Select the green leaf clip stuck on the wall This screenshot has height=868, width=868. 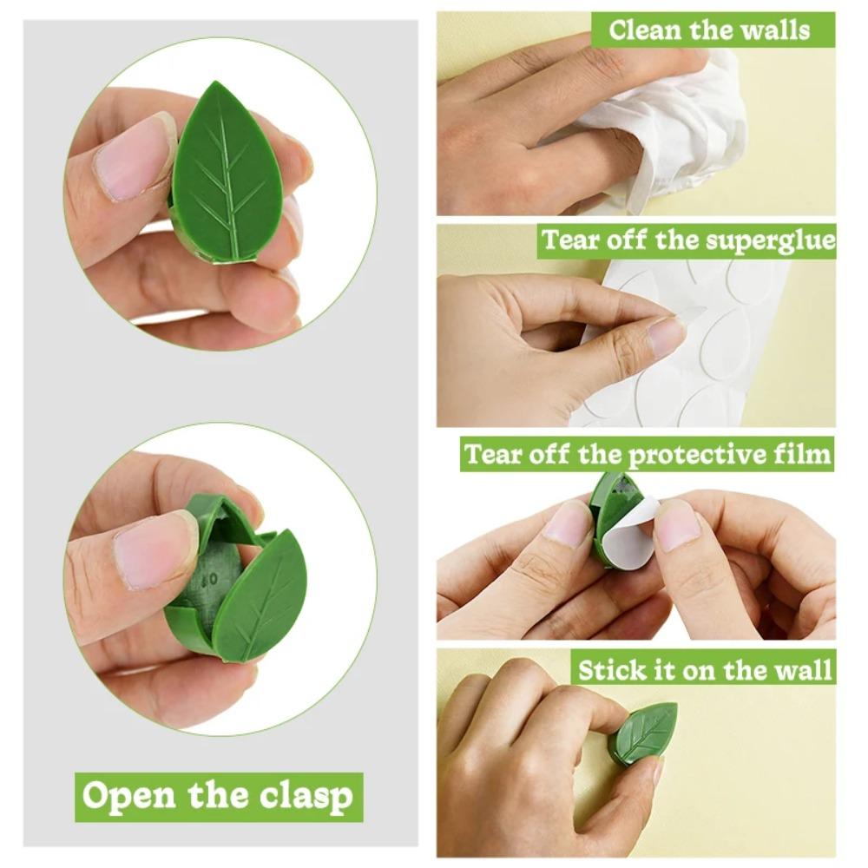[643, 732]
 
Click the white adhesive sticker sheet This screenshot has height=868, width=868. [712, 347]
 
